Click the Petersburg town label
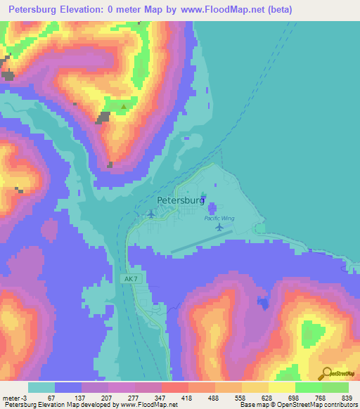[181, 200]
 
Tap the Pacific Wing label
[219, 219]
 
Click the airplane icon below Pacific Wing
[220, 228]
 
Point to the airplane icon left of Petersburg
[150, 214]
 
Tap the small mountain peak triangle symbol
[124, 107]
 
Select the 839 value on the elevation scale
[348, 398]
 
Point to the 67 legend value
[51, 398]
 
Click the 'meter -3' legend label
[14, 398]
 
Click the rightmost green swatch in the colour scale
[335, 387]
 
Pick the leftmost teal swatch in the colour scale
[41, 387]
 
